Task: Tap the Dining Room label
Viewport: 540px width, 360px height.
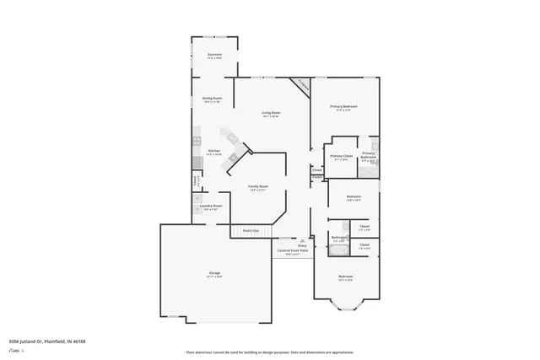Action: tap(212, 99)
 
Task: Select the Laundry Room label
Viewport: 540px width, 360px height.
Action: tap(211, 206)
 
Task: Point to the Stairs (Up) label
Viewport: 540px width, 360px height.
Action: tap(251, 229)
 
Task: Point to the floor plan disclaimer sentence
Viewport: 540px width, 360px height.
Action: tap(270, 352)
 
